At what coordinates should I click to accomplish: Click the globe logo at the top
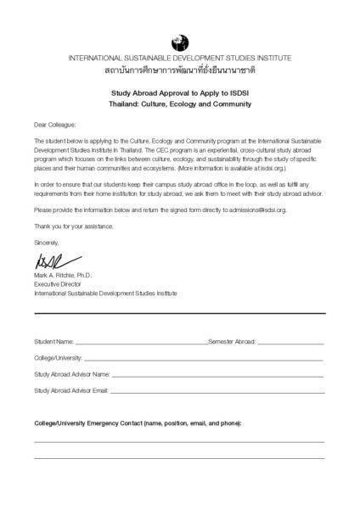coord(179,41)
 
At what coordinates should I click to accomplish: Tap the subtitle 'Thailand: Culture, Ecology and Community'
coord(180,104)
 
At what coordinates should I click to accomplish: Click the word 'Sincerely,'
coord(47,243)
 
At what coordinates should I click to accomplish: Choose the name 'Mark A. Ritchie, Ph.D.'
coord(64,277)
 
